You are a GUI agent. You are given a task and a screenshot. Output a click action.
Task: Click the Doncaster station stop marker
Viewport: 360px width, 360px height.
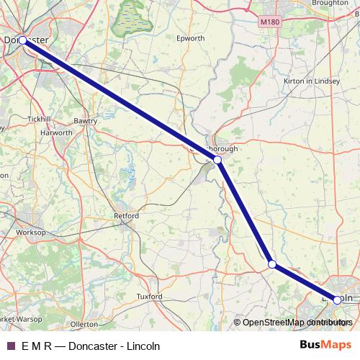23,40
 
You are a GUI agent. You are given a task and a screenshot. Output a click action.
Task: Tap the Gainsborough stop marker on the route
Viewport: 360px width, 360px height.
217,161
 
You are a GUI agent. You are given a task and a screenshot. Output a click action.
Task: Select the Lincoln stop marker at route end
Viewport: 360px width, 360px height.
337,300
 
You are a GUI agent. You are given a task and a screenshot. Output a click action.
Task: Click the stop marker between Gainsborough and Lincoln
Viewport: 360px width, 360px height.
272,265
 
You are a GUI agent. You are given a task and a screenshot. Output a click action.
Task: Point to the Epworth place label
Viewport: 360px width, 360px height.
190,38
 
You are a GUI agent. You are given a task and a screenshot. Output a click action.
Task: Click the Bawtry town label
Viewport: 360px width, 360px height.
85,121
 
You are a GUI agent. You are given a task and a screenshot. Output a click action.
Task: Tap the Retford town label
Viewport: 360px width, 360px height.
127,215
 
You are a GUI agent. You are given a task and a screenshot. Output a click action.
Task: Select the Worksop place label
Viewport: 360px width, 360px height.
31,233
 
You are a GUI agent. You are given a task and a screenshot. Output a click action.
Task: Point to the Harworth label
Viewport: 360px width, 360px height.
56,133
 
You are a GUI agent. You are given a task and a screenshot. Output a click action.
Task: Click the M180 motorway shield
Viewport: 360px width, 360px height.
269,22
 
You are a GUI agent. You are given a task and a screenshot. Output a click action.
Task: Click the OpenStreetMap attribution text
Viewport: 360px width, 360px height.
292,323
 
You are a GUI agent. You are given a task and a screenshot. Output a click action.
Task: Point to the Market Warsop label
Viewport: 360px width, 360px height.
18,317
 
